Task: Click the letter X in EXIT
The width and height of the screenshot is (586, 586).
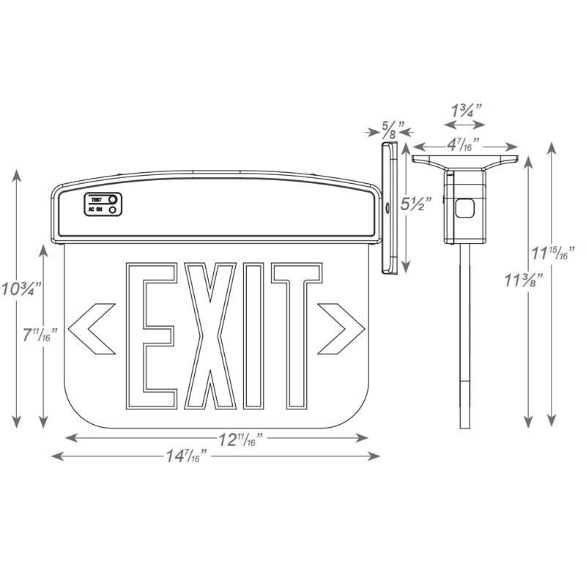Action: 212,335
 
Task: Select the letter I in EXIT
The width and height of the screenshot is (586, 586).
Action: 254,335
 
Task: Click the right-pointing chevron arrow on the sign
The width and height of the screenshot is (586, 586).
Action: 341,324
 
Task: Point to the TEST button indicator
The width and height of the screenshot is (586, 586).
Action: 112,199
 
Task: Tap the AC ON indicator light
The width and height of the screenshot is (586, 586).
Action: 112,210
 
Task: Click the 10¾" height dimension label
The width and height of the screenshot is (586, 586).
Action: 21,288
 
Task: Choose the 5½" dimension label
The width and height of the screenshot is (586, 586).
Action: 416,204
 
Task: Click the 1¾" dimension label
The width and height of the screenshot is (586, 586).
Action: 466,111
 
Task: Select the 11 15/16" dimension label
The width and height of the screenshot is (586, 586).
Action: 552,254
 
